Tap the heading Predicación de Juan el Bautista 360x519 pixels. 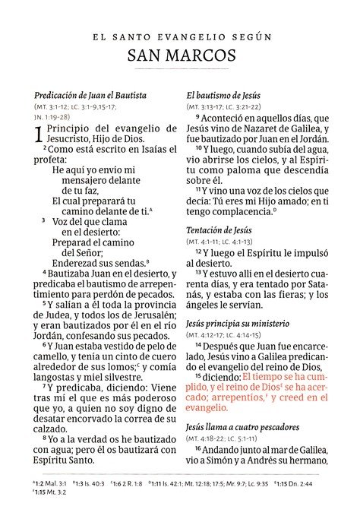pyautogui.click(x=90, y=96)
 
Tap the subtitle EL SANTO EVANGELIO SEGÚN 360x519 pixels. pyautogui.click(x=181, y=36)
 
